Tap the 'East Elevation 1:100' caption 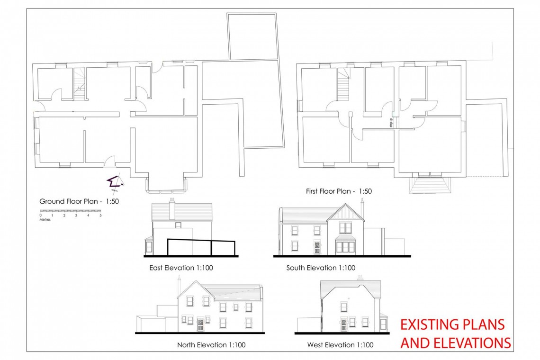point(181,268)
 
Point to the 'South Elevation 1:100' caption point(321,268)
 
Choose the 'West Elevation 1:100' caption point(340,345)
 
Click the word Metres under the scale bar point(45,219)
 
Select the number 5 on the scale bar point(100,216)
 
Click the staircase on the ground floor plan point(80,84)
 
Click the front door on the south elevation point(317,248)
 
